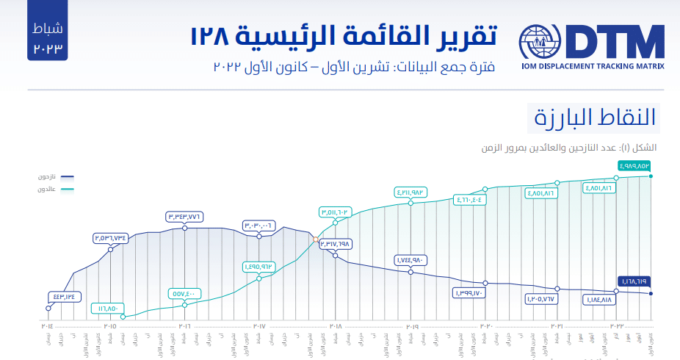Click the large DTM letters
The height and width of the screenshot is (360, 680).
coord(615,43)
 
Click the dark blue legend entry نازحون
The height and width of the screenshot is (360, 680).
coord(49,177)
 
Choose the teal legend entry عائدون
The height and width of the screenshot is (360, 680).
coord(49,190)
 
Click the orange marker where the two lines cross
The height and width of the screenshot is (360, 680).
coord(316,239)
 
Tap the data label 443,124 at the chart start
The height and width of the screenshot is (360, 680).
coord(64,297)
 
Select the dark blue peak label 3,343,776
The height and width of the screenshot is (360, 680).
coord(184,216)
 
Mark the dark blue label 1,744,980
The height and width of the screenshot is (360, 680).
coord(411,259)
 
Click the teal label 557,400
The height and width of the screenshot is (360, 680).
coord(184,293)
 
